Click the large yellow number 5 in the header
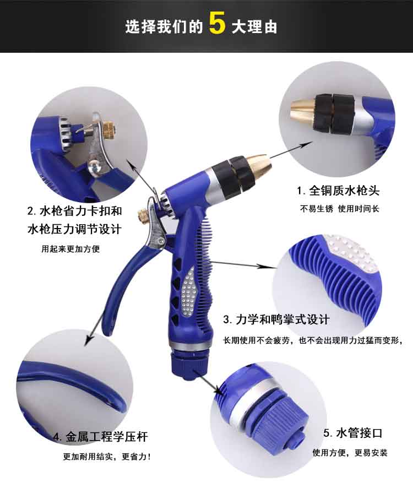click(x=217, y=23)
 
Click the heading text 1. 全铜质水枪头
click(x=338, y=191)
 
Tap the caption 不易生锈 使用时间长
click(x=340, y=209)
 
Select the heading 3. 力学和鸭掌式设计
click(x=276, y=319)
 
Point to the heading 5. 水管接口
click(x=353, y=433)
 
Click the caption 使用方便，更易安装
click(x=350, y=453)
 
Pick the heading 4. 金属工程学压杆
click(x=100, y=437)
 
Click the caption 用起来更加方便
click(x=70, y=248)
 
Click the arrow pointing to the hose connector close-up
click(x=208, y=381)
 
